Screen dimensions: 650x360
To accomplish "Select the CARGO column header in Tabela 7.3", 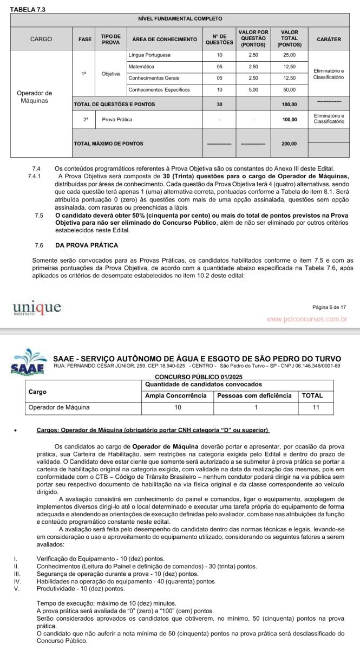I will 41,39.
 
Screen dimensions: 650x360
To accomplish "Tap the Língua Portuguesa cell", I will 149,55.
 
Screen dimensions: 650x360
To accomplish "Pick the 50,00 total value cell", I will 289,89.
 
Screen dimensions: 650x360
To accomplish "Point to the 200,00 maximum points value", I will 289,144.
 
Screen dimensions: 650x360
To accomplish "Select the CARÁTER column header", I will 328,39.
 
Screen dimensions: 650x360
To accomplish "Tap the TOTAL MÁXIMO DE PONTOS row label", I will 108,144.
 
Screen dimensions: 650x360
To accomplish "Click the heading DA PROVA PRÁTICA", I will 87,245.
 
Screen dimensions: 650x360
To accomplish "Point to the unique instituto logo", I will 37,309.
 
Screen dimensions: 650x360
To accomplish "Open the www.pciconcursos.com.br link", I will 306,319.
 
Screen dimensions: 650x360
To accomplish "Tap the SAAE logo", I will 25,362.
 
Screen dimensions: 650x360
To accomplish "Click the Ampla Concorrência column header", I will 176,395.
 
